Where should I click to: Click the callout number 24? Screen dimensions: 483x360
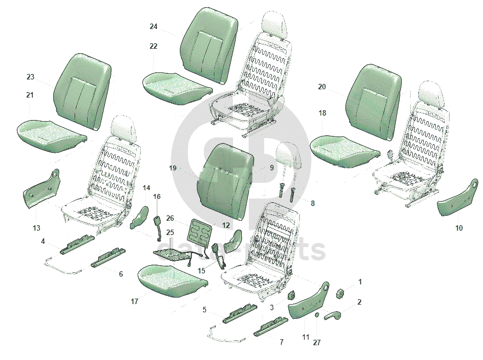[x=154, y=27]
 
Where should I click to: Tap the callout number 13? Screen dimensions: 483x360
[x=36, y=228]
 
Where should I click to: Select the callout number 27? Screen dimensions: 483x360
[x=317, y=342]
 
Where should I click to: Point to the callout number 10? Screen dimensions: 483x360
[x=459, y=228]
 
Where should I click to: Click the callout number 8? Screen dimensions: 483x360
[x=313, y=203]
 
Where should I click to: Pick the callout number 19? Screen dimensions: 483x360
[x=173, y=168]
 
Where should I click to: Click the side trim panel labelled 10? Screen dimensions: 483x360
[x=457, y=197]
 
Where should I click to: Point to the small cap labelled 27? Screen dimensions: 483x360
[x=317, y=316]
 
